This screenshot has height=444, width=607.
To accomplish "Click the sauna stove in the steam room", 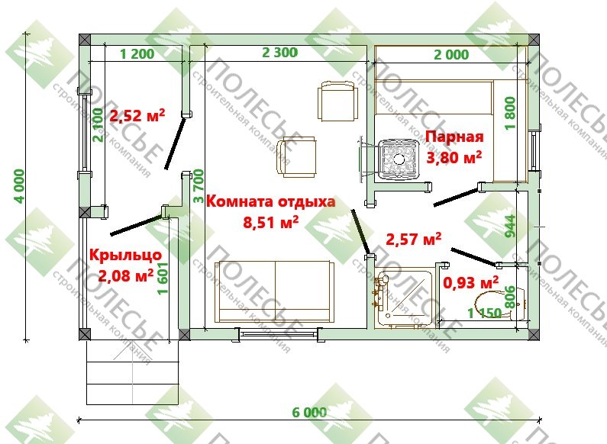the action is [x=399, y=159].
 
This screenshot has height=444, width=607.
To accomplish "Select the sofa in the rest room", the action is [x=274, y=291].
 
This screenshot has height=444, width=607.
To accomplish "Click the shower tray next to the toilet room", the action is [x=403, y=298].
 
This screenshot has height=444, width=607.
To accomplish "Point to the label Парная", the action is [x=454, y=137].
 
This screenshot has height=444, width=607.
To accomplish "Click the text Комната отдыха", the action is [x=270, y=201].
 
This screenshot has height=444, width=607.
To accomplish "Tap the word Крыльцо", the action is [x=125, y=255].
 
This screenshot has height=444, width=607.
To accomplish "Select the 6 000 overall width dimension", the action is [x=309, y=412].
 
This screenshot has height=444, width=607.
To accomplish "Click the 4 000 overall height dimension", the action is [x=18, y=186].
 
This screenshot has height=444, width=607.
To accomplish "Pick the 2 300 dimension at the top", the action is [x=280, y=53].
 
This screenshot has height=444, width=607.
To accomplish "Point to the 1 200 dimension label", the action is [x=137, y=53].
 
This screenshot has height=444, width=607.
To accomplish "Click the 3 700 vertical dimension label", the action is [x=198, y=186].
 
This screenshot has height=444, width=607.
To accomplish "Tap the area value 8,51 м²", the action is [x=270, y=222].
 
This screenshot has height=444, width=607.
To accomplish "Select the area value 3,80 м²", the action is [x=454, y=157].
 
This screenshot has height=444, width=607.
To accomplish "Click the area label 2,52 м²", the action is [x=137, y=115].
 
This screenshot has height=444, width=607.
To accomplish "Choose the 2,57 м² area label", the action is [x=413, y=239].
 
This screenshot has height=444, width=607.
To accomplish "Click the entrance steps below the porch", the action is [x=132, y=372].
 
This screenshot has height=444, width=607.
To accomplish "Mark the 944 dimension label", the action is [x=511, y=227].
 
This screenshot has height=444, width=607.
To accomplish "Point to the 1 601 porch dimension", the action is [x=163, y=278].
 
